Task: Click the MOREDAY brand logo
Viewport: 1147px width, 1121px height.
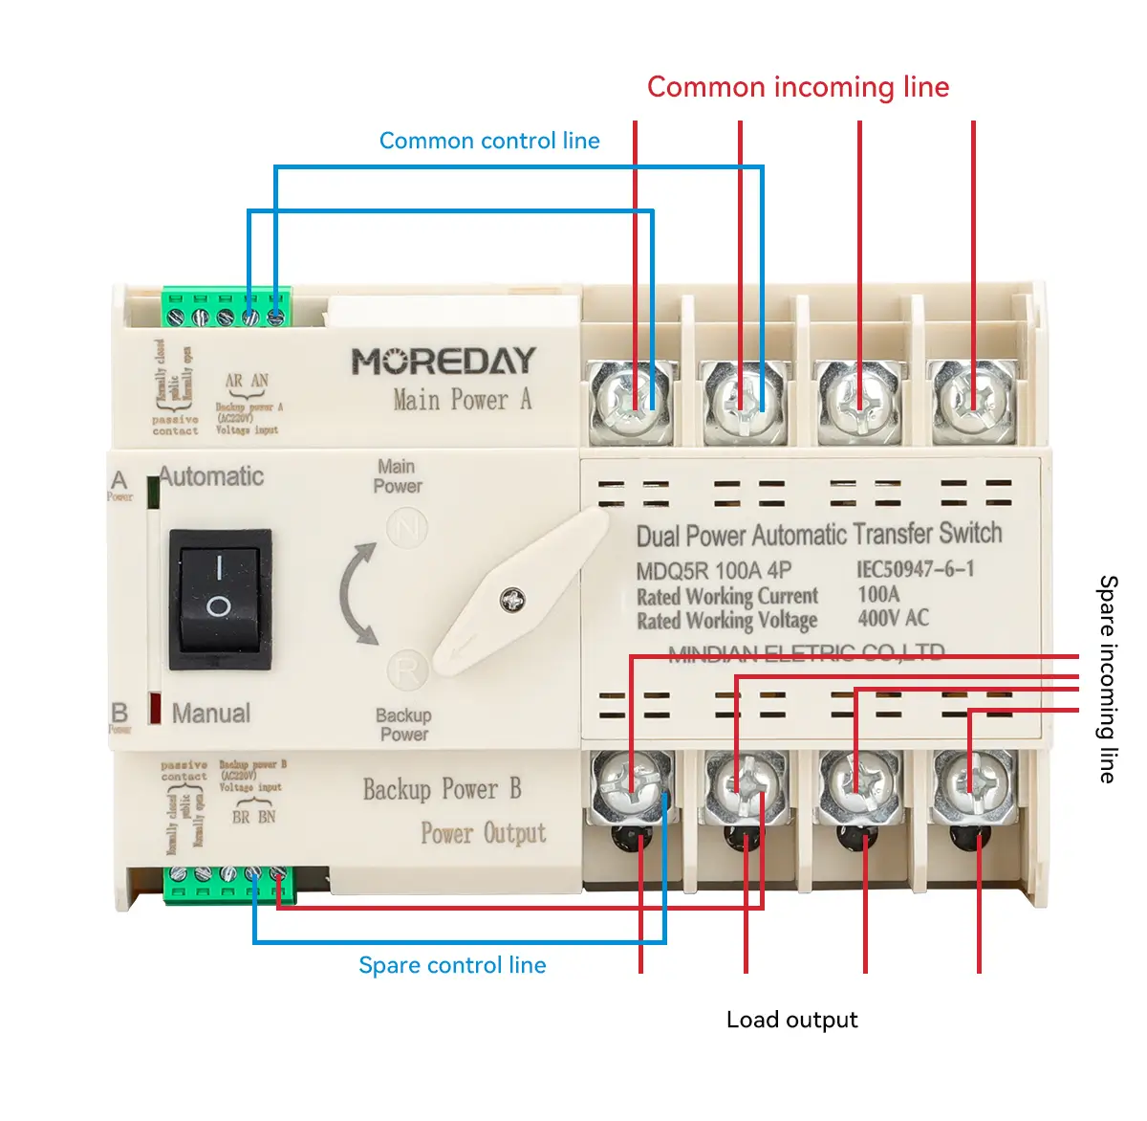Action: (444, 362)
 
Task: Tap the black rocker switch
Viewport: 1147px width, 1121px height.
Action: (220, 599)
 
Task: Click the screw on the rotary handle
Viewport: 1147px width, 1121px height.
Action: (513, 601)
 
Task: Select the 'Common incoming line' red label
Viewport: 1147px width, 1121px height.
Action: (798, 87)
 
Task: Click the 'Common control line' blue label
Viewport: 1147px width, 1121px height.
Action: (489, 141)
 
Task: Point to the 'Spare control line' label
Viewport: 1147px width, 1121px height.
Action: (452, 965)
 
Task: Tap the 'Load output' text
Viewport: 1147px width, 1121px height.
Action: (791, 1020)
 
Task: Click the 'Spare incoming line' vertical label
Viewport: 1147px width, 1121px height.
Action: (1107, 679)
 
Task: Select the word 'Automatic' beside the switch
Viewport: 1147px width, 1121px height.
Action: (211, 476)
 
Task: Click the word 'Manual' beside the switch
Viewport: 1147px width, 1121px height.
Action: (211, 714)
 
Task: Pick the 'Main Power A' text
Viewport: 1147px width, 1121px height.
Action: (462, 400)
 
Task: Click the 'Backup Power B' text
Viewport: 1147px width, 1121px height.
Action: (442, 789)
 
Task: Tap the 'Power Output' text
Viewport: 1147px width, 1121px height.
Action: (484, 833)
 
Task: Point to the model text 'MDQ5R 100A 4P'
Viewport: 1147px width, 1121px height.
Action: (713, 571)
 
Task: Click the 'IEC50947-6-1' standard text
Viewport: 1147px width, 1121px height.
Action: (916, 569)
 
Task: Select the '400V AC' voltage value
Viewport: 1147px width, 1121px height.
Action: (893, 618)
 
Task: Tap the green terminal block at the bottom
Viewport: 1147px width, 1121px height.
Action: (229, 884)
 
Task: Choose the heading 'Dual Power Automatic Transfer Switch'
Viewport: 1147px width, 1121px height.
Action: (819, 534)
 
